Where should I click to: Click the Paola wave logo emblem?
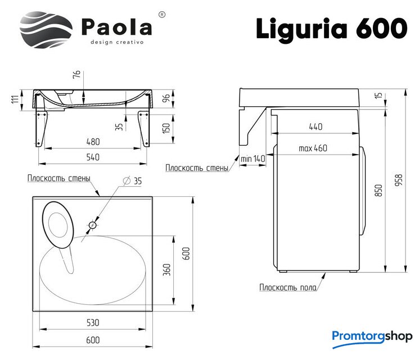click(x=46, y=30)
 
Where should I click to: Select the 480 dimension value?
click(x=93, y=142)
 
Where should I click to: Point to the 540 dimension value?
click(x=93, y=157)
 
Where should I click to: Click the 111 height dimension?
click(x=16, y=99)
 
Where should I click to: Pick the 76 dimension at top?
click(x=76, y=74)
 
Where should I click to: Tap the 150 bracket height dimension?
click(x=166, y=129)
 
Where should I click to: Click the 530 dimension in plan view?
click(x=93, y=322)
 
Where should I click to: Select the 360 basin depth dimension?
click(x=166, y=269)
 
